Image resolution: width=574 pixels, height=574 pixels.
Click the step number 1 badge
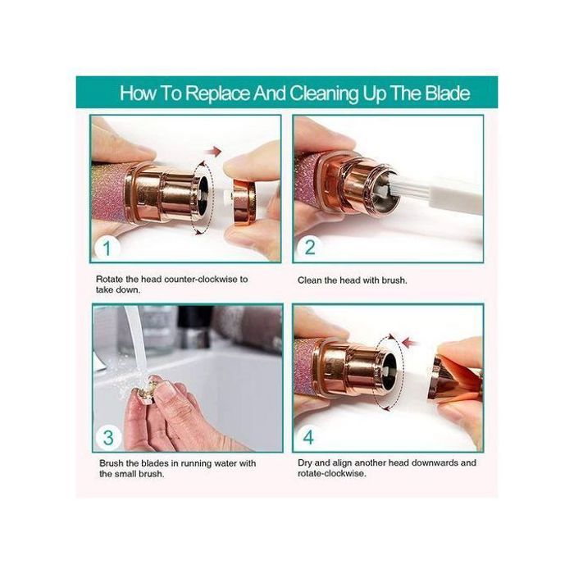point(107,248)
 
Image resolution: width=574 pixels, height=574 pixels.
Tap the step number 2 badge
point(310,248)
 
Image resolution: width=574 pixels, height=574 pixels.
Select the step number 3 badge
point(108,438)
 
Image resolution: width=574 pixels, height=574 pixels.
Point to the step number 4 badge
point(308,437)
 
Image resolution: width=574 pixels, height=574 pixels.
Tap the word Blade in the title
point(448,93)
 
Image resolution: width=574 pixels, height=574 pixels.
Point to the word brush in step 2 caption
point(394,280)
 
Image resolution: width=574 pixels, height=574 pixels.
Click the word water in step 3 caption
point(225,463)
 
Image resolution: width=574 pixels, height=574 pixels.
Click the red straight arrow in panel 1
point(213,151)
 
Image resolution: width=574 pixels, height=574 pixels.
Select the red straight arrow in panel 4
point(410,344)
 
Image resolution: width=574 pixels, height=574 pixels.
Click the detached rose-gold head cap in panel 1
point(244,200)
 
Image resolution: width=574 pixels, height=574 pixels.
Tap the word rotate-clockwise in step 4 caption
point(331,474)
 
